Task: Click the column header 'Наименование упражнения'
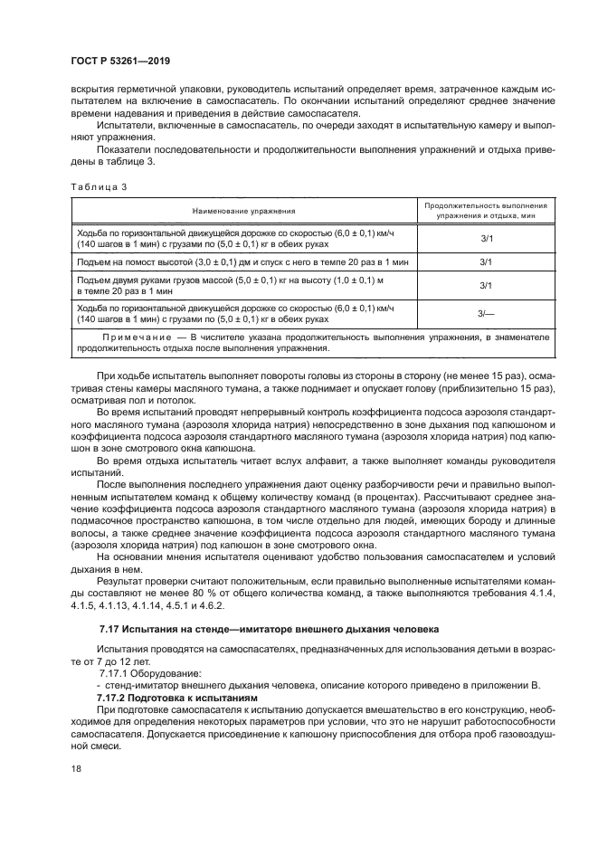tap(242, 211)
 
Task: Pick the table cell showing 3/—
tap(486, 312)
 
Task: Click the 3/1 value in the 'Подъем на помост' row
tap(486, 261)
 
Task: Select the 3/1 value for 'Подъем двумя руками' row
tap(486, 286)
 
